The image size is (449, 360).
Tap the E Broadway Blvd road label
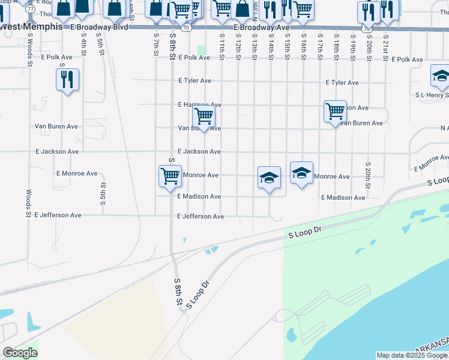pyautogui.click(x=99, y=28)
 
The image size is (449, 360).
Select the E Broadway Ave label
pyautogui.click(x=261, y=28)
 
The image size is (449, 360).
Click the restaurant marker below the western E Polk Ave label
pyautogui.click(x=67, y=80)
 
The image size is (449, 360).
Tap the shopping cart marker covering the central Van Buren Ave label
pyautogui.click(x=204, y=116)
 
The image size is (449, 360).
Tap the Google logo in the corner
pyautogui.click(x=20, y=353)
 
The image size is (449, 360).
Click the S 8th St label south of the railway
pyautogui.click(x=178, y=294)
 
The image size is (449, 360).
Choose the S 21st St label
pyautogui.click(x=385, y=46)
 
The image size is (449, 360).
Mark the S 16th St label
pyautogui.click(x=304, y=46)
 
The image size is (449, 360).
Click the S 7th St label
pyautogui.click(x=155, y=43)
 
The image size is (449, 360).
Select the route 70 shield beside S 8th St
pyautogui.click(x=187, y=28)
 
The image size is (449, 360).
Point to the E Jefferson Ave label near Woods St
pyautogui.click(x=58, y=215)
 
